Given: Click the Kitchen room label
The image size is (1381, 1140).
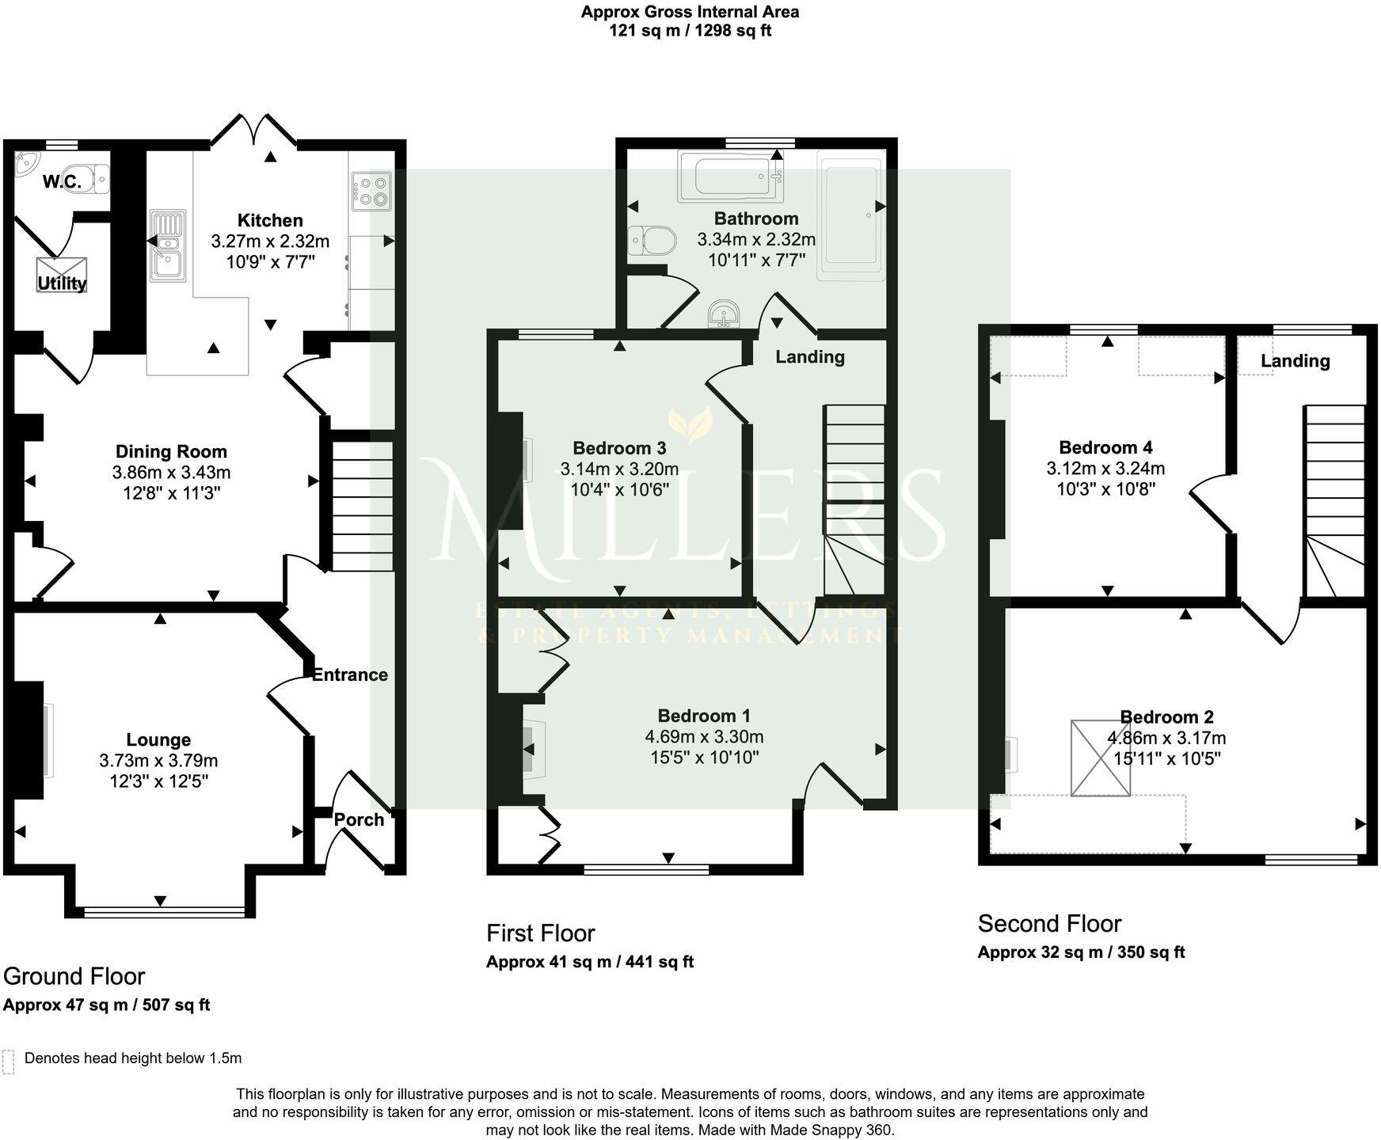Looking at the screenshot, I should [270, 220].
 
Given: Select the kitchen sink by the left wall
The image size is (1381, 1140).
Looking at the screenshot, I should [168, 246].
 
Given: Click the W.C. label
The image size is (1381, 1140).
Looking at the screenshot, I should [62, 182].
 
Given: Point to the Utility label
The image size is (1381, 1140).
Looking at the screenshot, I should [62, 283].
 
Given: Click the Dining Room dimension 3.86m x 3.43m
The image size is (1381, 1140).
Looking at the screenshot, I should [171, 473].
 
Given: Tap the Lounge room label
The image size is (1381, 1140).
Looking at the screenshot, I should [158, 739].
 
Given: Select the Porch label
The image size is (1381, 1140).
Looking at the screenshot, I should [359, 819].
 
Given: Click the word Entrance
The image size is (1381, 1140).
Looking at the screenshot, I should [349, 674].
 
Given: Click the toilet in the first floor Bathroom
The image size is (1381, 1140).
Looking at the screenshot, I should [652, 241].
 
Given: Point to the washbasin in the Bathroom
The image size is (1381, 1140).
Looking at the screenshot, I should [724, 314].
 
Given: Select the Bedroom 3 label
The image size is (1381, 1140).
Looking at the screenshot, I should [619, 447].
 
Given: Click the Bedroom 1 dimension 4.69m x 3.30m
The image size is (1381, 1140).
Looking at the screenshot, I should [704, 737].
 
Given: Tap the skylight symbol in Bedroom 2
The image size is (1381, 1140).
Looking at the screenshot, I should [1100, 758].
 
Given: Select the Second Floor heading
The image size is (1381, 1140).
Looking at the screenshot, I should [1049, 923].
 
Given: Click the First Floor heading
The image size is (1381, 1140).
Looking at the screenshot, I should [540, 933].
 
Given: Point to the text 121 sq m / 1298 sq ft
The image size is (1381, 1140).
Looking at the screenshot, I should [690, 31].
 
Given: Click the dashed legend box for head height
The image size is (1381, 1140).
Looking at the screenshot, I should [9, 1062].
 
